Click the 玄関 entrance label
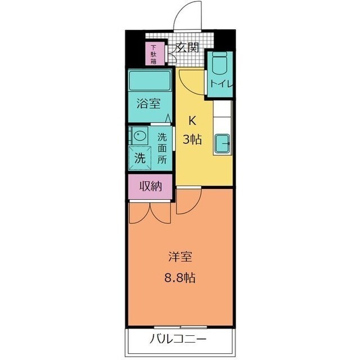pyautogui.click(x=187, y=47)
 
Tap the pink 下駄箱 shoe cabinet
pyautogui.click(x=154, y=54)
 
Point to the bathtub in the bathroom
pyautogui.click(x=149, y=81)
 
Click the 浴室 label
pyautogui.click(x=149, y=103)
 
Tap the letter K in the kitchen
pyautogui.click(x=192, y=119)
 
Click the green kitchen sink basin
pyautogui.click(x=223, y=145)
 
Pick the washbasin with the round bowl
pyautogui.click(x=138, y=137)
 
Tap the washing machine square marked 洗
pyautogui.click(x=139, y=158)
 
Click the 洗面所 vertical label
pyautogui.click(x=162, y=147)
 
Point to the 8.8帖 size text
pyautogui.click(x=180, y=277)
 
